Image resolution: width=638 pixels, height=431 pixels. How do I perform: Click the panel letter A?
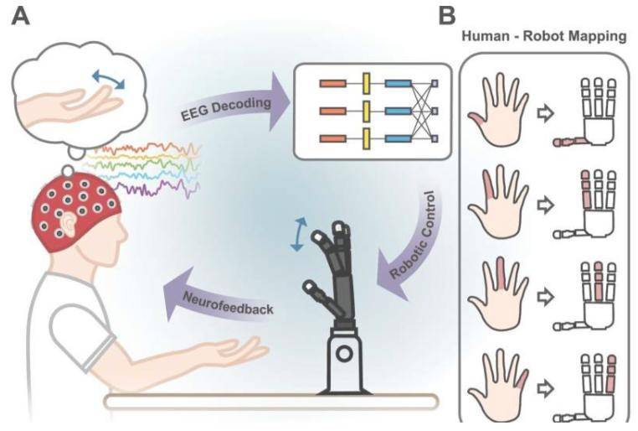click(x=19, y=16)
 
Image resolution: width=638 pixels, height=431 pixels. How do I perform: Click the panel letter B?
click(x=448, y=14)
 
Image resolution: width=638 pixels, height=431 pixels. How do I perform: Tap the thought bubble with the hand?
click(x=79, y=92)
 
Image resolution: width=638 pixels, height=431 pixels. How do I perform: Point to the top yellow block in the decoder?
click(x=366, y=84)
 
